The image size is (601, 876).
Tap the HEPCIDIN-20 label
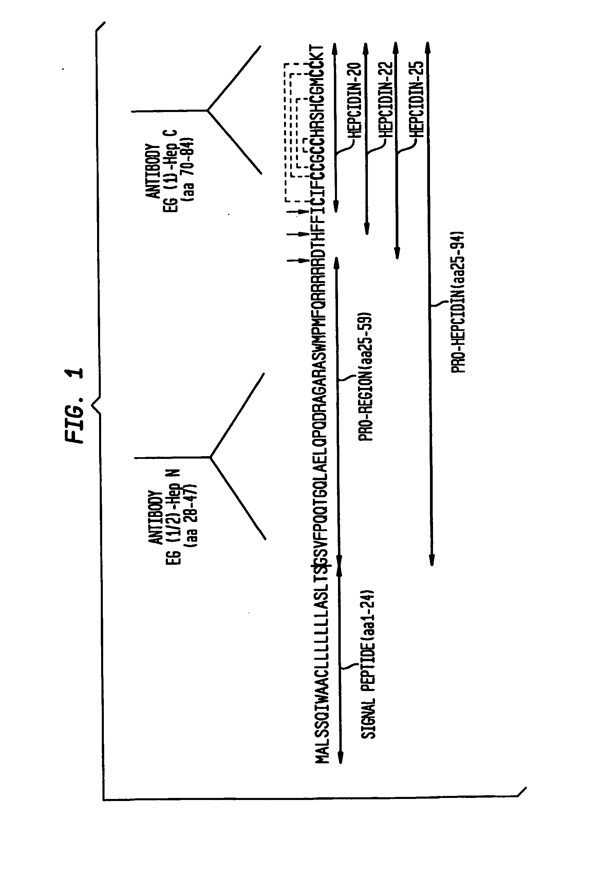coord(354,100)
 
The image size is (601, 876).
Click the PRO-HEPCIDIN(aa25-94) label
coord(458,301)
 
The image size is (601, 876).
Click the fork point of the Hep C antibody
coord(208,110)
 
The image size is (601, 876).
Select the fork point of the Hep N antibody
coord(211,457)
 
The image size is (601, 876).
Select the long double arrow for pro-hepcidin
coord(430,301)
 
